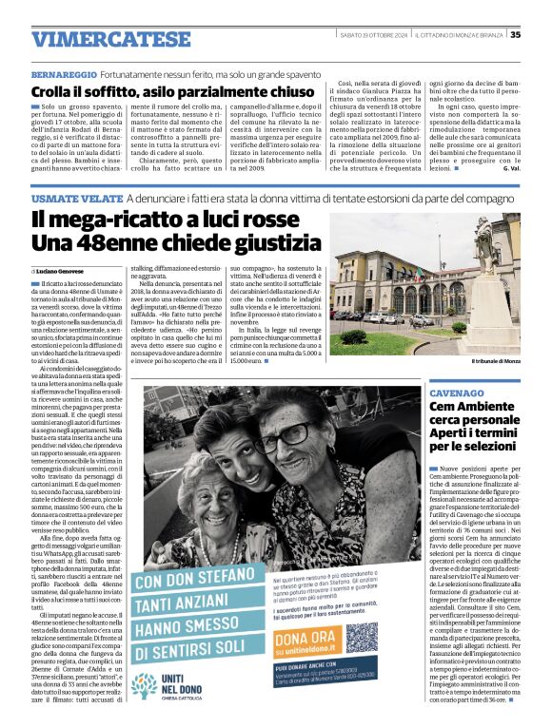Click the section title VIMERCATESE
110,38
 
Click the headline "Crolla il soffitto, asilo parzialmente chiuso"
171,91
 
